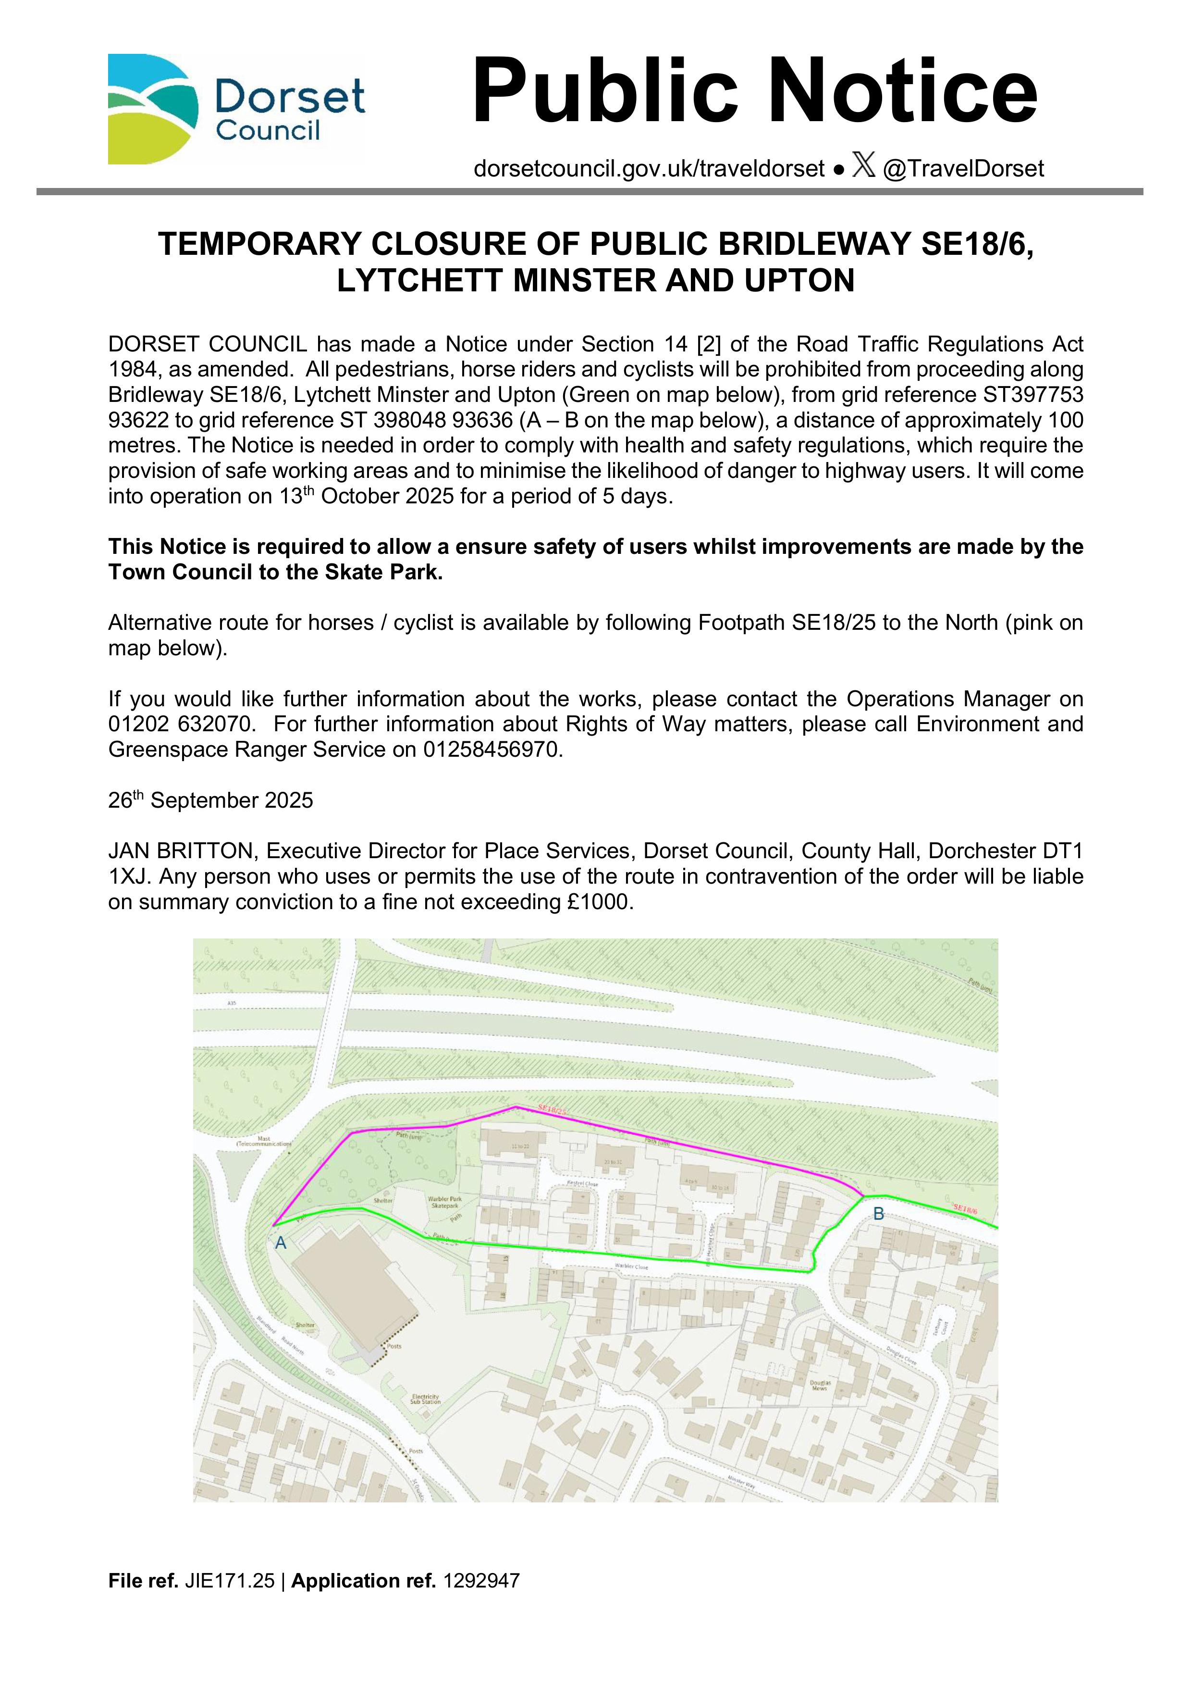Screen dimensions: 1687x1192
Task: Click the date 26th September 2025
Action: [211, 800]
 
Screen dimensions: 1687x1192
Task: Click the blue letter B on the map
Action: [878, 1214]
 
